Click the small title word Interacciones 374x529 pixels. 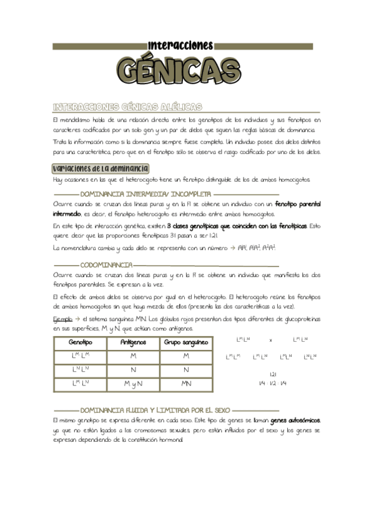pos(181,45)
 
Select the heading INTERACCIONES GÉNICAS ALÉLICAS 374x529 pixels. pos(127,107)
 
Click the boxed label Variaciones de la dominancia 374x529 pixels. pos(101,168)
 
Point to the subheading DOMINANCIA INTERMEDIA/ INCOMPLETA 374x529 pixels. pos(146,195)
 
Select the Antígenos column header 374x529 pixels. pos(133,342)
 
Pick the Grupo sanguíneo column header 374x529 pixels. pos(186,342)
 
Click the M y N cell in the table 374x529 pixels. pos(133,384)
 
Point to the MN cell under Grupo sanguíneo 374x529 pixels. pos(186,384)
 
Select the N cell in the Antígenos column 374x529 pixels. pos(133,370)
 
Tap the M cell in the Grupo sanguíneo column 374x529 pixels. pos(186,356)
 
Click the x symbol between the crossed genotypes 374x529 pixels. pos(270,341)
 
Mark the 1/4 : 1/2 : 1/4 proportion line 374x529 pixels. pos(273,382)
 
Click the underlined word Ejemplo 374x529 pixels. pos(62,319)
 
